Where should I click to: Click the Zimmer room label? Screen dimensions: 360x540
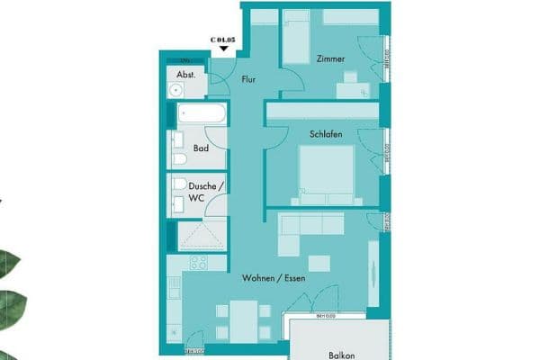[330, 58]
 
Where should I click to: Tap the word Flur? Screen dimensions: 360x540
[249, 79]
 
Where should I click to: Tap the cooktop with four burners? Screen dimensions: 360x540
[198, 264]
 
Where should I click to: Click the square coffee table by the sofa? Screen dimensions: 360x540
[317, 262]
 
